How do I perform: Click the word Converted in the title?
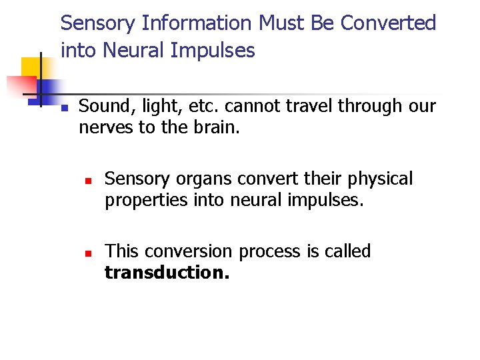(388, 23)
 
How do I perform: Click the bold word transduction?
(167, 272)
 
